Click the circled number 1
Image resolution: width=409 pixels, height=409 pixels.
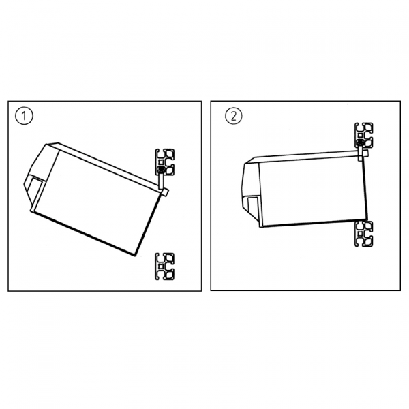click(24, 116)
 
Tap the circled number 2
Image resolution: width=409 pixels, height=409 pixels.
click(233, 116)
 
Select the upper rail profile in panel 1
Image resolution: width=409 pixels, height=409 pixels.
click(164, 162)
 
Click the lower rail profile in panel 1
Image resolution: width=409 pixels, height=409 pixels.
click(164, 267)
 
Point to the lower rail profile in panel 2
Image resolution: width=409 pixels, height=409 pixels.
click(363, 234)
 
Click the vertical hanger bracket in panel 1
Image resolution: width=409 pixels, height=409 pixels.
click(161, 181)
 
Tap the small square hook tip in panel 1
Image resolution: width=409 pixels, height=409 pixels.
click(165, 192)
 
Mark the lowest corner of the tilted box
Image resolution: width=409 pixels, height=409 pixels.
click(134, 256)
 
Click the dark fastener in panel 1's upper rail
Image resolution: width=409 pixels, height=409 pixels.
click(161, 170)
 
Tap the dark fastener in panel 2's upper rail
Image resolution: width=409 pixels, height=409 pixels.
click(360, 142)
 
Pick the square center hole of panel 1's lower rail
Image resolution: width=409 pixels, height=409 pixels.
click(161, 267)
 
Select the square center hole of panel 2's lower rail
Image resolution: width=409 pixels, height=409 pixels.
click(360, 234)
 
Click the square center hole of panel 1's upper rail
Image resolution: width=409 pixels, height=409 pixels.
click(161, 162)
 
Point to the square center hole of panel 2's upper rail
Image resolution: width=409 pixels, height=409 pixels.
click(360, 135)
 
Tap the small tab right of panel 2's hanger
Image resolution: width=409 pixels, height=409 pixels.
click(365, 153)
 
